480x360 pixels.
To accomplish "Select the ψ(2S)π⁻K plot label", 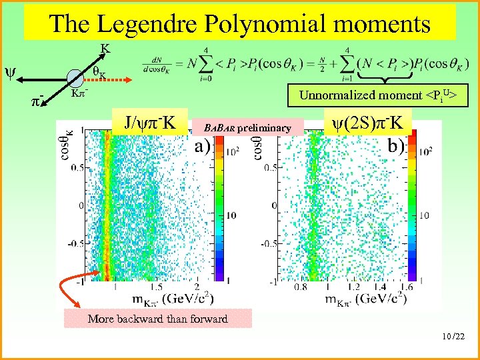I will click(x=367, y=123).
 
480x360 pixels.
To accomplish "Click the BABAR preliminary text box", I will click(x=247, y=127).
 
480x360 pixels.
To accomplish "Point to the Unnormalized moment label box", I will click(x=377, y=95).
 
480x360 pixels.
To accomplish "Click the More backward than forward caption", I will click(x=157, y=319).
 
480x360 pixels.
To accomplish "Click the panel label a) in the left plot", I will click(x=204, y=147).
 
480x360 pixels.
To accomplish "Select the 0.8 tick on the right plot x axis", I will click(x=299, y=287).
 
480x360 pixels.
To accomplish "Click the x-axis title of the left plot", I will click(x=163, y=297).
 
